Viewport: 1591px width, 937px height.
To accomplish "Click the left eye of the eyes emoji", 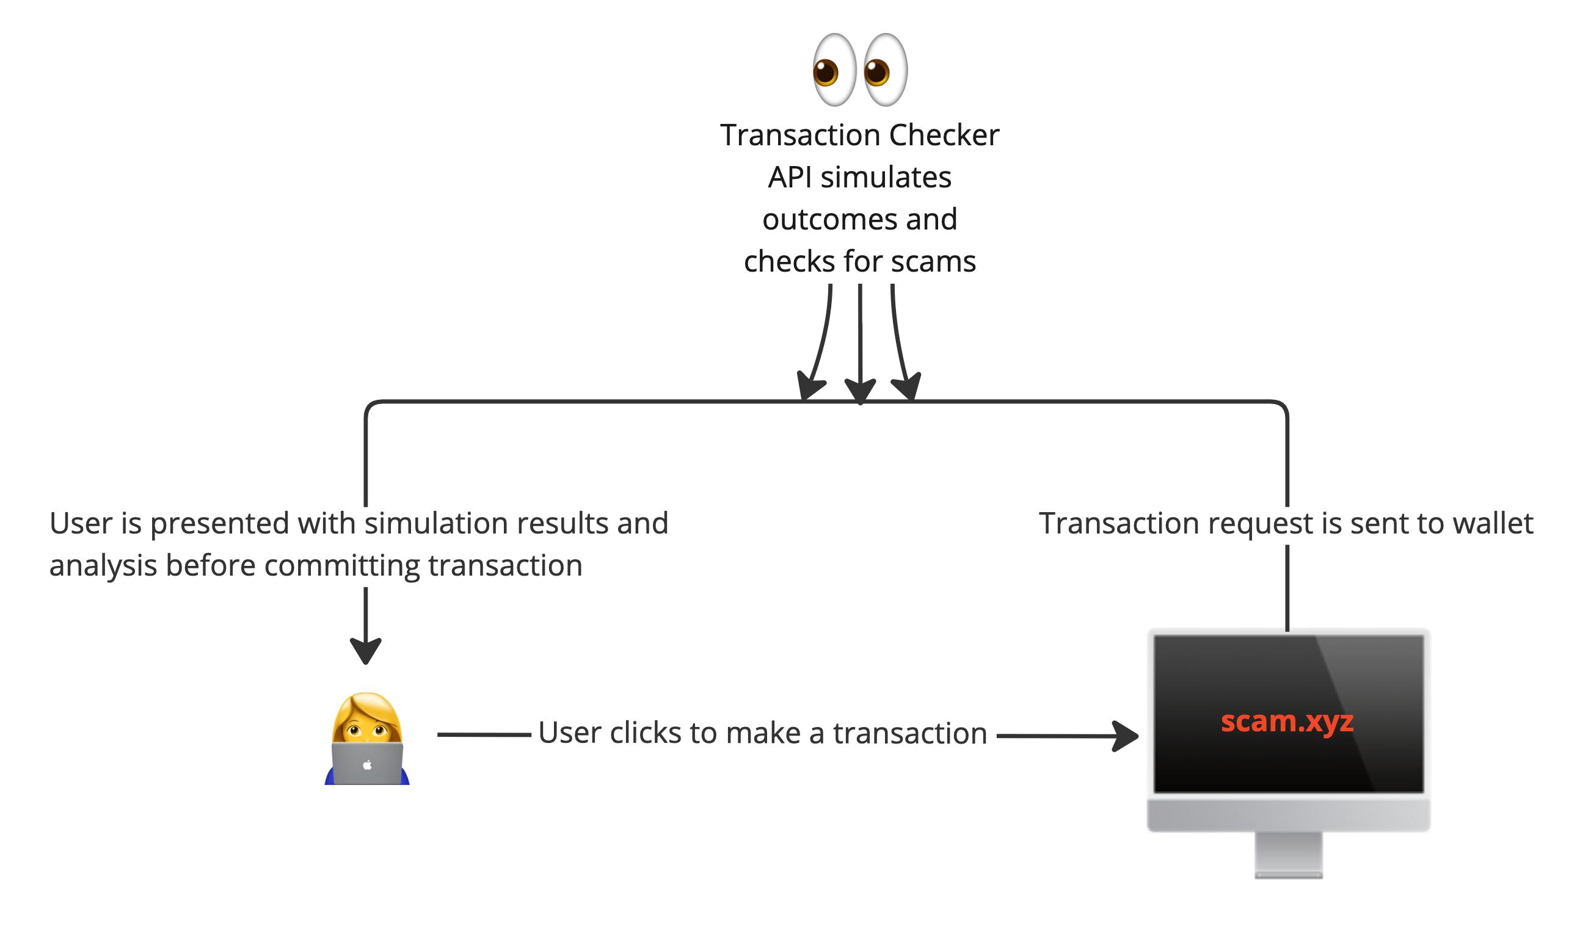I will [834, 70].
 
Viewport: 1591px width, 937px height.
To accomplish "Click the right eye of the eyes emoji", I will [885, 70].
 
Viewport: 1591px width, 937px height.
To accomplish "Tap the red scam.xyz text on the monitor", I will [1287, 721].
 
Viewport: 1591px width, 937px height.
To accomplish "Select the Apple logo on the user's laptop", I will [367, 765].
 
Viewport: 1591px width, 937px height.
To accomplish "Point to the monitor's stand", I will [1288, 855].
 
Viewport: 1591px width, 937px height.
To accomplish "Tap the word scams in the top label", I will [933, 261].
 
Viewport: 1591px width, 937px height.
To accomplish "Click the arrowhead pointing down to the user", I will [366, 650].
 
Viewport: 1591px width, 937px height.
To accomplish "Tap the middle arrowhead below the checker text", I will [860, 391].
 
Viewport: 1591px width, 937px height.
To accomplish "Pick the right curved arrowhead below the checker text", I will [908, 386].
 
